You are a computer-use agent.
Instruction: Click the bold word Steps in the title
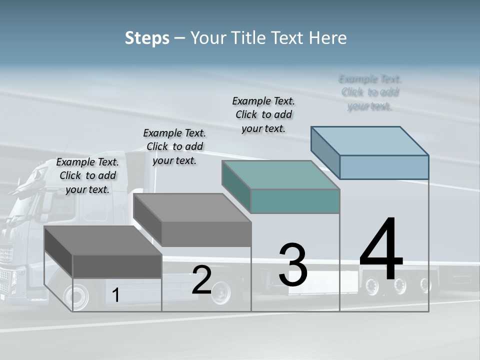pos(147,38)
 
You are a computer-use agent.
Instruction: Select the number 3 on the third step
pos(293,265)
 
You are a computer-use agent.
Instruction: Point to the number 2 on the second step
pos(201,280)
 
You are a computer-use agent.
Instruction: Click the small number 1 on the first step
pos(115,295)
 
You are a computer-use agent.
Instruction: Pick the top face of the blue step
pos(370,140)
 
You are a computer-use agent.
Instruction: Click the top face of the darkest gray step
pos(102,240)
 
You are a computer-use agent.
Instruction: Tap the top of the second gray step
pos(192,207)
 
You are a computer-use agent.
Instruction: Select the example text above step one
pos(87,175)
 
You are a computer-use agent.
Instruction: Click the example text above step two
pos(174,146)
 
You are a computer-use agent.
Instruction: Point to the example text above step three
pos(263,114)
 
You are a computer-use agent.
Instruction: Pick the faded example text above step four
pos(370,92)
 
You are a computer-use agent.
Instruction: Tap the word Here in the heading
pos(327,38)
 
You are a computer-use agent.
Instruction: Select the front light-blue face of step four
pos(384,167)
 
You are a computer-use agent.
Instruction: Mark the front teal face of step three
pos(295,201)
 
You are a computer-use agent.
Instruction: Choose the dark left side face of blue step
pos(325,150)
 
